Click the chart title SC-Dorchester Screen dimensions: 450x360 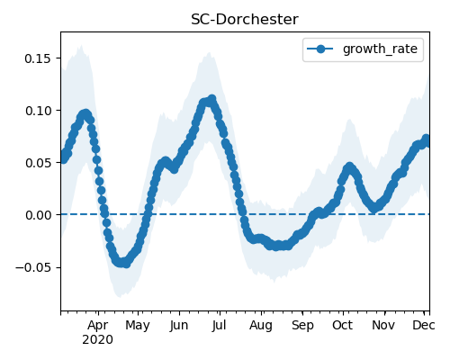point(245,20)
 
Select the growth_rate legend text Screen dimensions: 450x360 point(380,49)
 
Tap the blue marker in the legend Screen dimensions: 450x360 point(320,49)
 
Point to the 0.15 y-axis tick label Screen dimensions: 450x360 point(38,58)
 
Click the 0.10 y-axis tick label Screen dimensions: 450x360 point(38,111)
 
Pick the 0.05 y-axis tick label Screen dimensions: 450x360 point(38,163)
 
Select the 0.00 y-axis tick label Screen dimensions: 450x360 point(38,215)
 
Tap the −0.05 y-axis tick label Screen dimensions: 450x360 point(33,267)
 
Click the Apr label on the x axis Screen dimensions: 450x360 point(98,326)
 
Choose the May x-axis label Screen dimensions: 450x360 point(138,326)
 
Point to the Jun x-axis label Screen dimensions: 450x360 point(179,326)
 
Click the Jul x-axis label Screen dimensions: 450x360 point(220,326)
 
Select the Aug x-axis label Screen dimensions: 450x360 point(261,326)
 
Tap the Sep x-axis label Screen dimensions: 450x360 point(302,326)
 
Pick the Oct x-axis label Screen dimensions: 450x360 point(343,325)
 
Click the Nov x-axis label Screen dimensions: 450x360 point(383,325)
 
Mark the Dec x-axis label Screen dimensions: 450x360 point(424,325)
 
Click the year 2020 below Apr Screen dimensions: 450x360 point(98,340)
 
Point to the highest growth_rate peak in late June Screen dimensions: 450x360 point(212,99)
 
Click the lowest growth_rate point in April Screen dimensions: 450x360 point(126,264)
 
